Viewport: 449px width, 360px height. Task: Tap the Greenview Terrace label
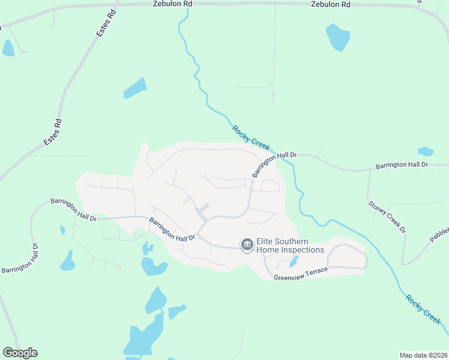301,274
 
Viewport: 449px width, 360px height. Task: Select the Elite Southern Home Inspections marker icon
246,245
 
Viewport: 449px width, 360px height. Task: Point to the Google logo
20,353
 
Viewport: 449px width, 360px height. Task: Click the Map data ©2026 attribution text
423,355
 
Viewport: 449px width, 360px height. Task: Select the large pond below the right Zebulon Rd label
338,37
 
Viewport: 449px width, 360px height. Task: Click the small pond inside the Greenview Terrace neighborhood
294,262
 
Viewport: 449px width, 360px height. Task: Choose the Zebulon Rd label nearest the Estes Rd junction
172,4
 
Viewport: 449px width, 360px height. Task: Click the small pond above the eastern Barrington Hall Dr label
425,151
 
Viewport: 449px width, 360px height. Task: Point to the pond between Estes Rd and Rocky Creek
135,88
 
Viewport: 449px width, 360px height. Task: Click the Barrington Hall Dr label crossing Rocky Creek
274,164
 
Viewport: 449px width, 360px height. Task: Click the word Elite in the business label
266,242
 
